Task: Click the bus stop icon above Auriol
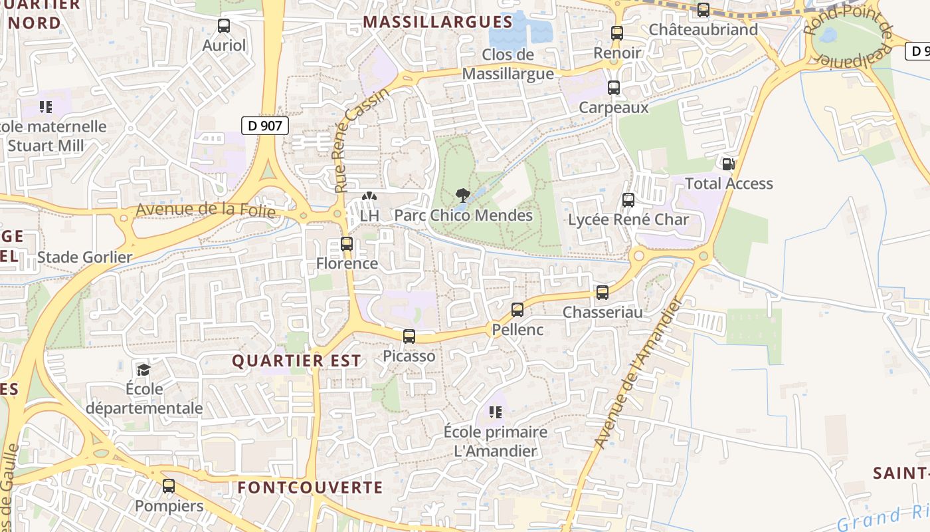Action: point(224,27)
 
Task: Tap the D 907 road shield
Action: point(264,125)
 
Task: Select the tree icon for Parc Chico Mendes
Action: point(462,196)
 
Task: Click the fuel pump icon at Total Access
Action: point(728,164)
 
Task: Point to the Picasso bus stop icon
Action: point(409,336)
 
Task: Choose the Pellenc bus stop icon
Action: point(517,310)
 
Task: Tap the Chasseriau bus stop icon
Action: point(603,292)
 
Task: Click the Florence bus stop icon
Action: point(347,244)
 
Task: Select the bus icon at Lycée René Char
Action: point(628,199)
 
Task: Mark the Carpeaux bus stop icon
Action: point(614,88)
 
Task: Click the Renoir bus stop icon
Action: point(617,33)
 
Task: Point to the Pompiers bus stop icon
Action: point(169,486)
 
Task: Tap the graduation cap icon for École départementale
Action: point(143,369)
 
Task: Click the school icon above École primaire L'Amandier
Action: point(496,412)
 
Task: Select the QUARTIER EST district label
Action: point(296,361)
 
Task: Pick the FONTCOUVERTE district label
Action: point(310,487)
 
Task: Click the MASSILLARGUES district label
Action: point(438,22)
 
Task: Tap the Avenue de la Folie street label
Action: point(205,209)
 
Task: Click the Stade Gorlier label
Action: point(85,257)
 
